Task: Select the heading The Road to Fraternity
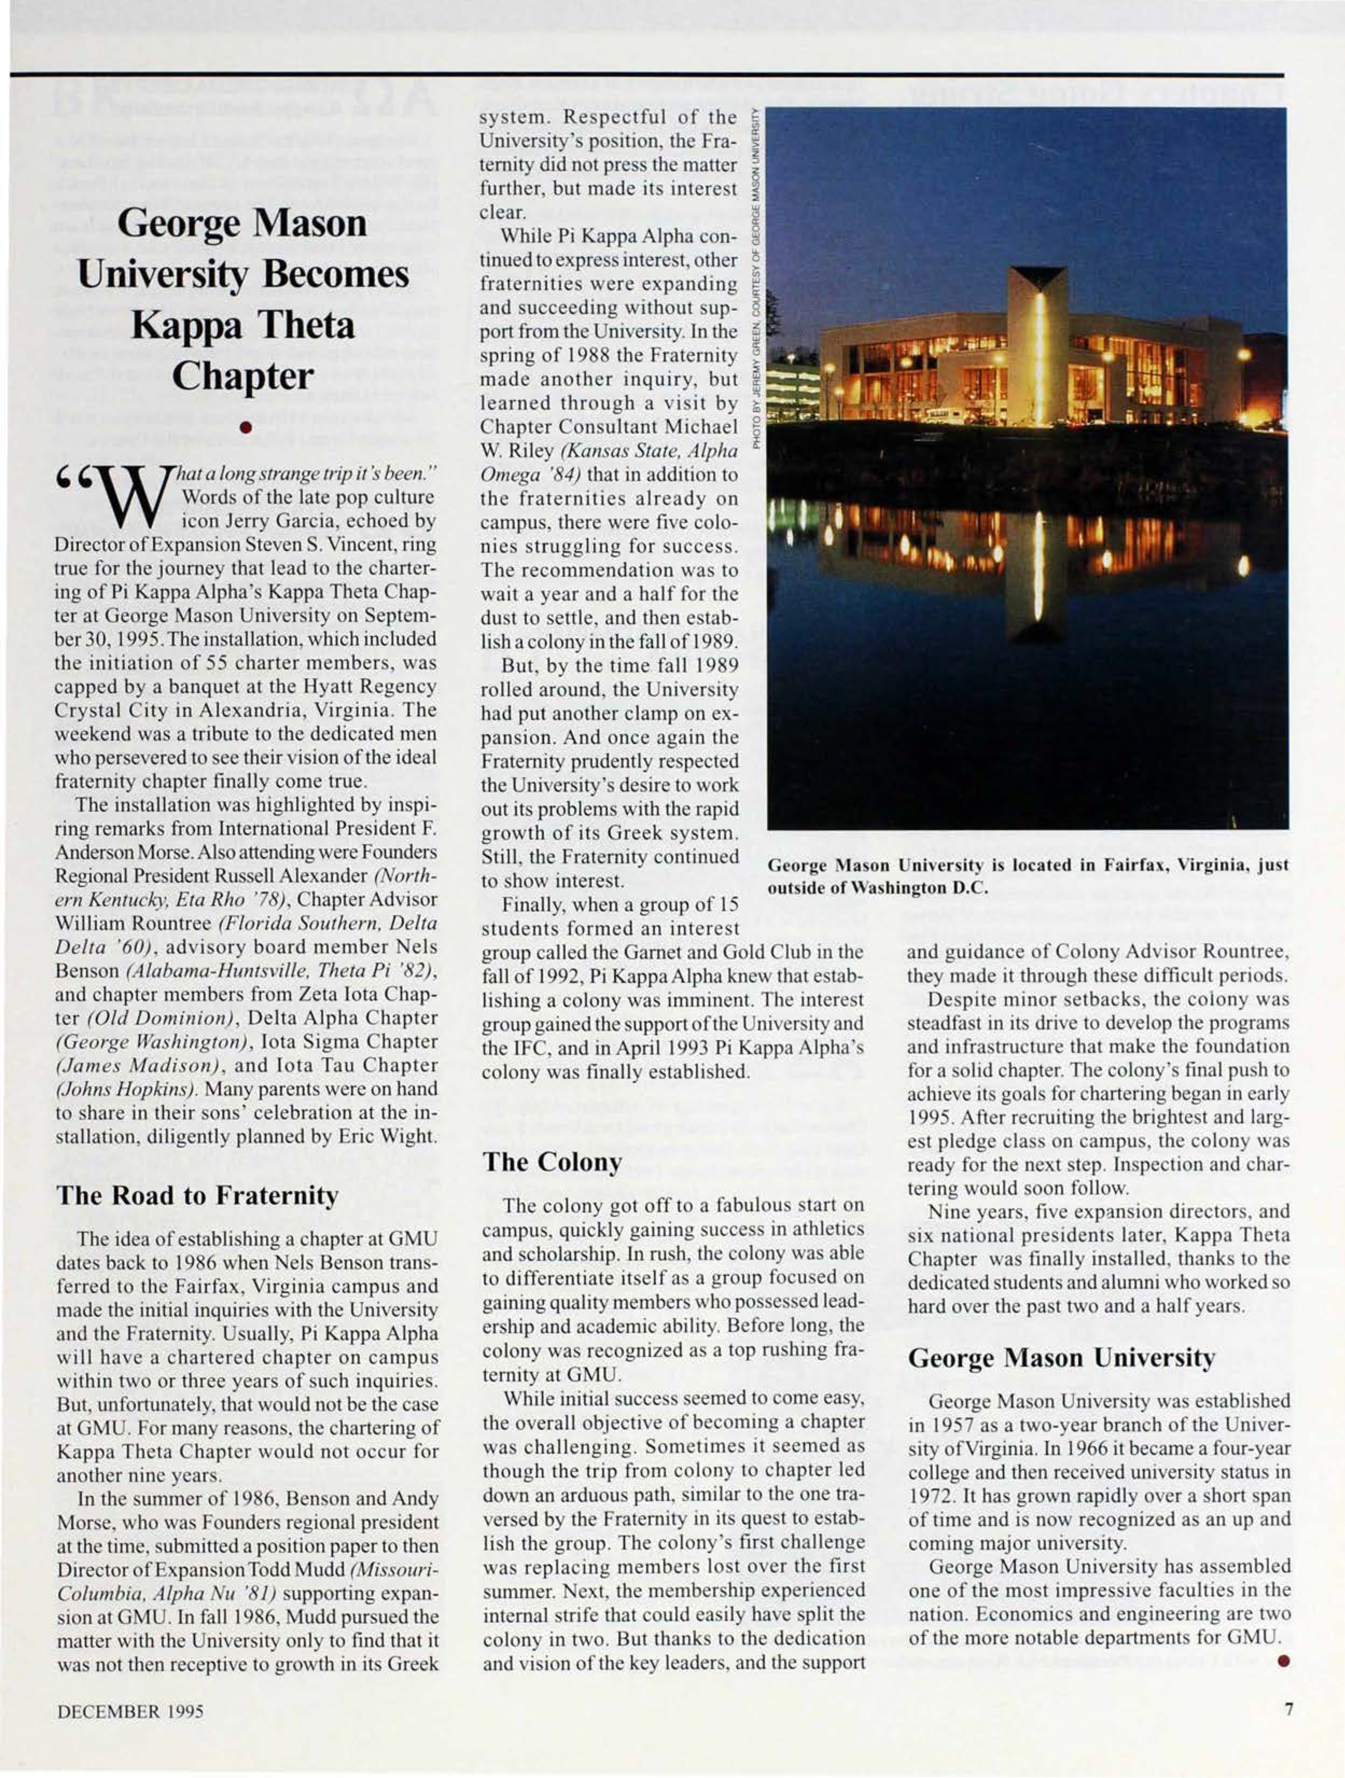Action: [197, 1195]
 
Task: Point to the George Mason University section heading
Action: [1061, 1358]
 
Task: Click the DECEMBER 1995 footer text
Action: [129, 1711]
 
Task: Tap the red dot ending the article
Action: [1285, 1662]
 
